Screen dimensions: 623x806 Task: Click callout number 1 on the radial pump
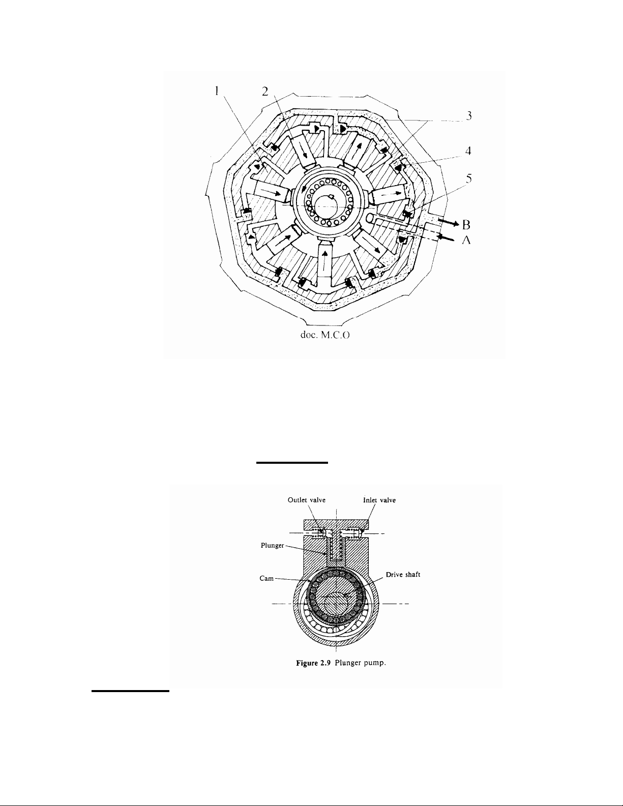click(x=217, y=91)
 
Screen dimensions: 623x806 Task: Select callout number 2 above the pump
click(x=265, y=91)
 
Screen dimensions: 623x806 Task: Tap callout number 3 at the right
click(x=469, y=116)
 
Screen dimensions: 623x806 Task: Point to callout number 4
click(x=468, y=151)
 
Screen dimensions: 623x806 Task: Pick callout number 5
click(x=469, y=178)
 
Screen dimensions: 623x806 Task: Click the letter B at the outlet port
click(x=466, y=225)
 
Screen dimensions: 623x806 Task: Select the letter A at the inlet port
click(x=466, y=241)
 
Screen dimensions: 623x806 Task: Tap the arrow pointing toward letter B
click(x=449, y=223)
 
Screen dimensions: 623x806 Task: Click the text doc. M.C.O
click(x=325, y=335)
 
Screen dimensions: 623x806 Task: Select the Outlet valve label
click(x=307, y=500)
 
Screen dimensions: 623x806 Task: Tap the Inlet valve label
click(x=379, y=500)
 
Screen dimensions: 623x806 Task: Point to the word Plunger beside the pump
click(x=272, y=546)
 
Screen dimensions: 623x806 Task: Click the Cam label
click(x=266, y=578)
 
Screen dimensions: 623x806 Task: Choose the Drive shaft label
click(x=403, y=575)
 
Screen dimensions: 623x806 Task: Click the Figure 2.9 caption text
click(x=341, y=663)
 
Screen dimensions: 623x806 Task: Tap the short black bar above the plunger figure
click(x=292, y=463)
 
